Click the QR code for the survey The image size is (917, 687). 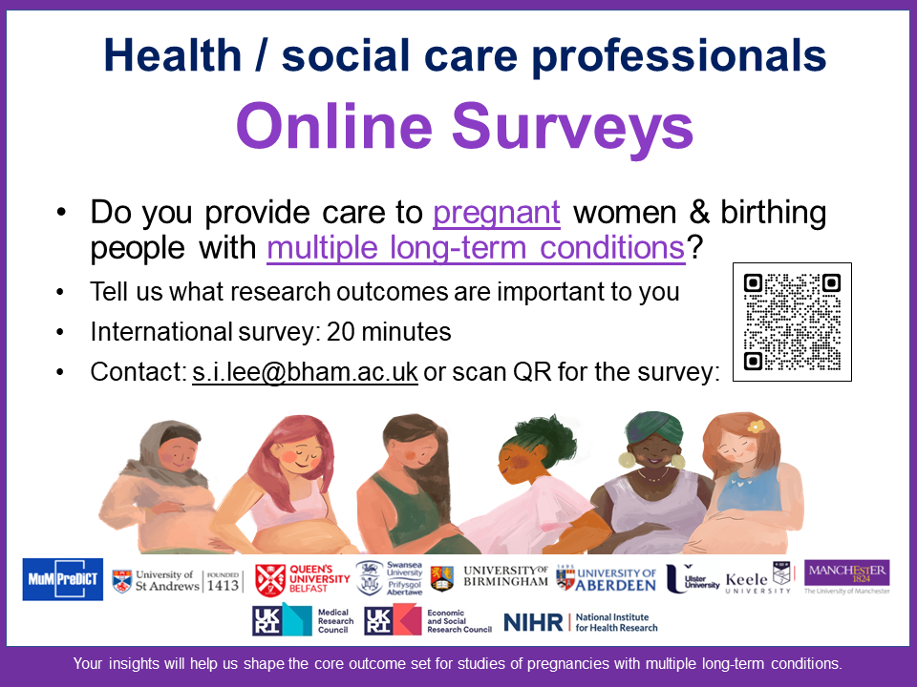click(792, 322)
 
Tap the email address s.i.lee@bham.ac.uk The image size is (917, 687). click(305, 371)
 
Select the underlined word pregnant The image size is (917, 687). click(497, 213)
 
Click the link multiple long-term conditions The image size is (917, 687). click(476, 248)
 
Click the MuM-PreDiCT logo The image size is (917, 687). click(63, 579)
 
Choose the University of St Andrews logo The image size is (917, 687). click(177, 581)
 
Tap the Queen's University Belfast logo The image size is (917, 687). click(303, 579)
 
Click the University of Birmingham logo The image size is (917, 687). click(489, 577)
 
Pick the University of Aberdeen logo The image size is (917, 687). click(606, 579)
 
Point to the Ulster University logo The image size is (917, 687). click(693, 579)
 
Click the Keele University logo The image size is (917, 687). click(758, 578)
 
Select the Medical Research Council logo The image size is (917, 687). click(303, 620)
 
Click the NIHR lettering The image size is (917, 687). click(533, 623)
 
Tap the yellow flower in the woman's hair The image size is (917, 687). click(756, 427)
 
